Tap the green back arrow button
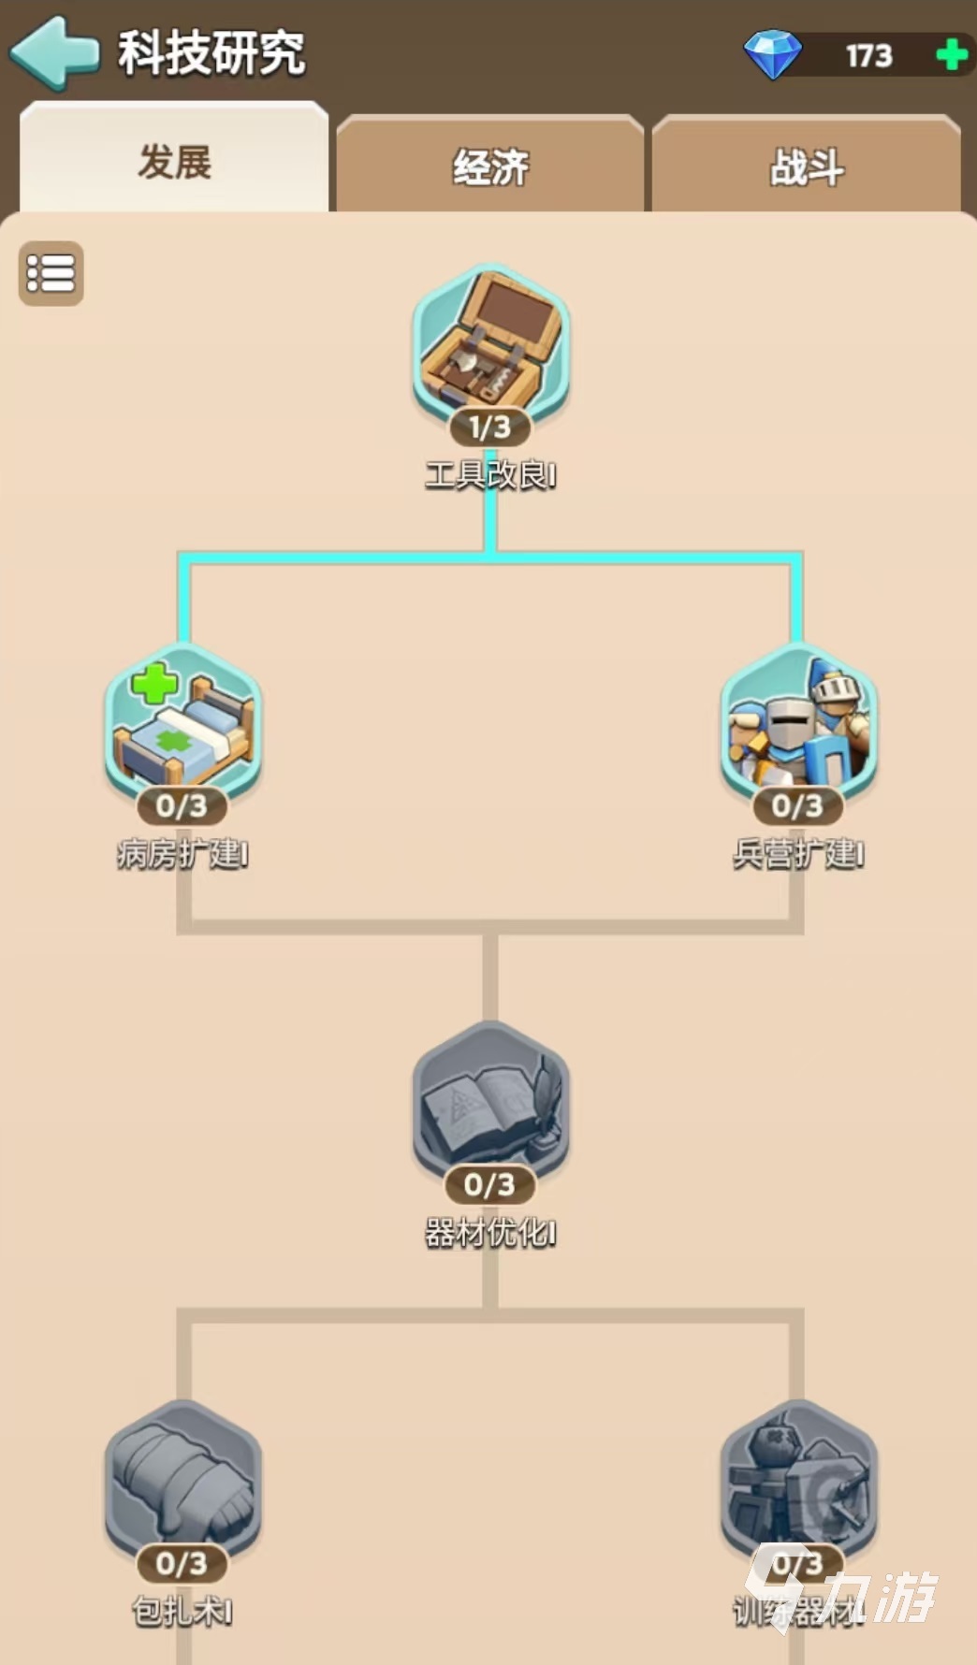(x=54, y=53)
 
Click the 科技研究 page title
(x=211, y=53)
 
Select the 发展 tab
(x=175, y=162)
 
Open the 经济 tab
(x=490, y=167)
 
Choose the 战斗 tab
(x=807, y=167)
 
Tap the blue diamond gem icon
(x=772, y=54)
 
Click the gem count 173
(x=869, y=56)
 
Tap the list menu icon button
(x=51, y=273)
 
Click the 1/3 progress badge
(x=490, y=427)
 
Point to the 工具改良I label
(x=490, y=475)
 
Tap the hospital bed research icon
(x=182, y=721)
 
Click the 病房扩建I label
(x=182, y=854)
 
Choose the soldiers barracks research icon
(x=798, y=721)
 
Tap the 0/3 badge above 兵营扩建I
(x=798, y=805)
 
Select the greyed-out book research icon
(x=490, y=1101)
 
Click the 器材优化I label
(x=490, y=1233)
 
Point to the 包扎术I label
(x=182, y=1611)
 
